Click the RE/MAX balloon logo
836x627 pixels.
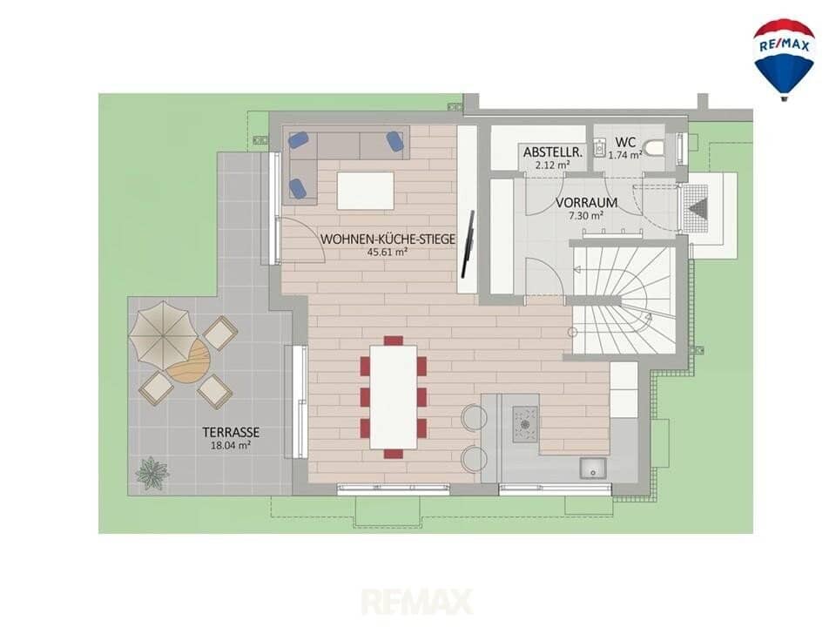(783, 58)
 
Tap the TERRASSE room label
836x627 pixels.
(231, 432)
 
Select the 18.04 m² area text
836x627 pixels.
(231, 446)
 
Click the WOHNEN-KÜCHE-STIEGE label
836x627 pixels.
(388, 239)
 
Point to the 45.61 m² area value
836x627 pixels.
(388, 253)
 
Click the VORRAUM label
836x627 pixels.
(586, 203)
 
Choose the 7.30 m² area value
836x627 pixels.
(586, 216)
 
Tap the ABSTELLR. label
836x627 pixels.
(553, 152)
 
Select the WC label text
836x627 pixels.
(625, 142)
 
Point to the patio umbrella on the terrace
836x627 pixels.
(163, 331)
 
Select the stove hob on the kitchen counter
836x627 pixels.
(526, 424)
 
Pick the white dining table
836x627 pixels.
(394, 397)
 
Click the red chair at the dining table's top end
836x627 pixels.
(394, 340)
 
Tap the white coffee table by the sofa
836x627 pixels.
(366, 191)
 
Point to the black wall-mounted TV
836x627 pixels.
(469, 244)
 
